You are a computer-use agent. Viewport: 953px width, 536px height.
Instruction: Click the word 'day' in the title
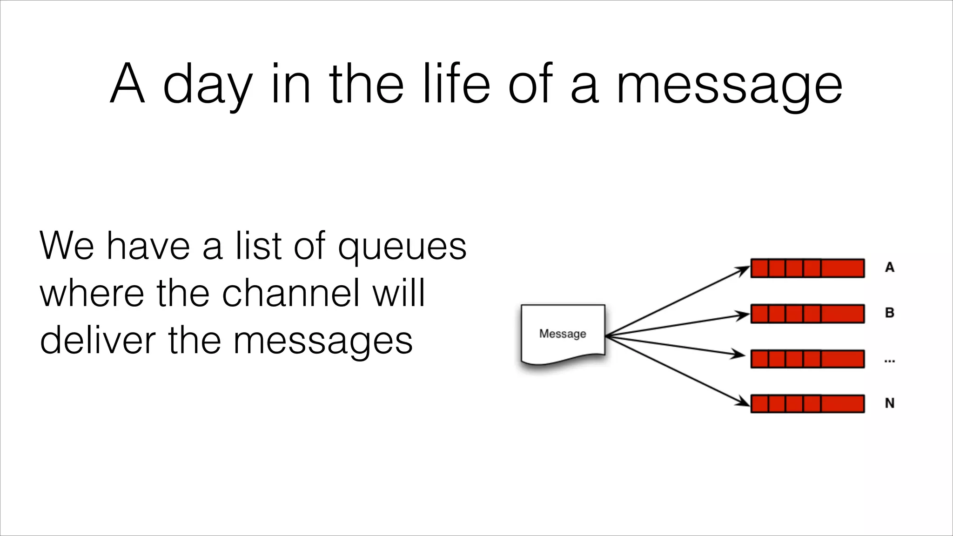(x=208, y=86)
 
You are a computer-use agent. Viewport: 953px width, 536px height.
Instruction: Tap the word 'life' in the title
(x=456, y=84)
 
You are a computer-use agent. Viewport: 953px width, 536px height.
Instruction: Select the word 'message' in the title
(x=729, y=86)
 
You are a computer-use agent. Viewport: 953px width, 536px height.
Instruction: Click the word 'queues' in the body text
(x=402, y=248)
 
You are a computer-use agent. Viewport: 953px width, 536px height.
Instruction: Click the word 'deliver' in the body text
(x=97, y=340)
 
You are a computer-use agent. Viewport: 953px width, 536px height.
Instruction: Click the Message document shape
(x=563, y=334)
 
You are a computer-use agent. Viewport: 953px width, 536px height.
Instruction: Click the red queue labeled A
(x=807, y=268)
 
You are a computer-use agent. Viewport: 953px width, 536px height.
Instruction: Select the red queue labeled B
(x=807, y=314)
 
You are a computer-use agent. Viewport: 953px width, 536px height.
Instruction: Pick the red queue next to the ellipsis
(x=807, y=359)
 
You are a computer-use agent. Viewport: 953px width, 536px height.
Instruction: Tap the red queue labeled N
(x=807, y=403)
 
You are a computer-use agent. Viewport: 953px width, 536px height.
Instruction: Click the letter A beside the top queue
(x=889, y=268)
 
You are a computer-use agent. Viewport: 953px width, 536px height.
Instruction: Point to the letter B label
(x=889, y=313)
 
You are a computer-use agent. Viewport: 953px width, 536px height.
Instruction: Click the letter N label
(x=889, y=403)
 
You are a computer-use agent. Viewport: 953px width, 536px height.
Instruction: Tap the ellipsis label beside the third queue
(x=889, y=361)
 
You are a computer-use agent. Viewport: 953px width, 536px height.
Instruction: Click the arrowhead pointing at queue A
(x=743, y=270)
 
